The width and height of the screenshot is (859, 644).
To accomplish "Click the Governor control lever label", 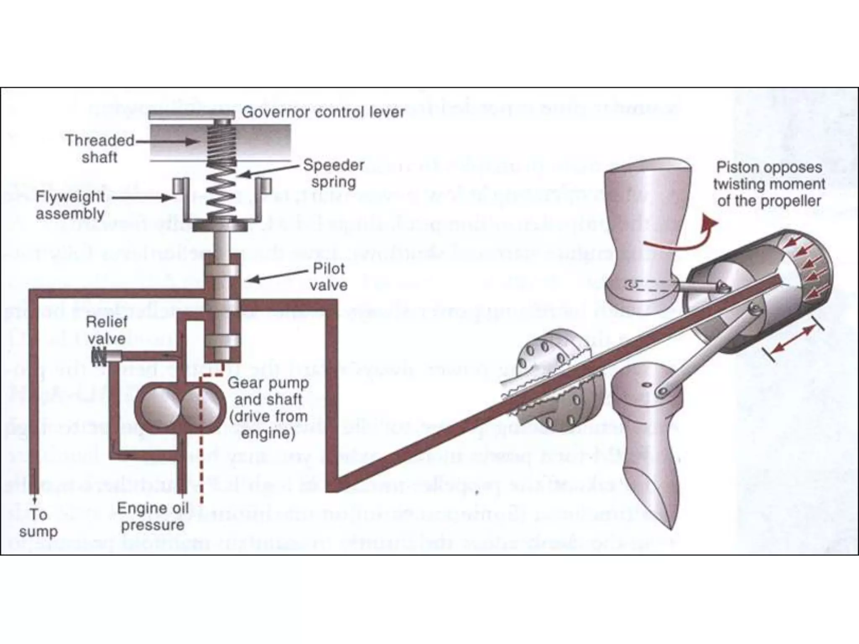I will click(x=323, y=112).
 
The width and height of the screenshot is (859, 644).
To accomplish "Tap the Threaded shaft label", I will click(x=99, y=148).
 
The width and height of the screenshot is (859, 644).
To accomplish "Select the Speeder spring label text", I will click(x=333, y=173).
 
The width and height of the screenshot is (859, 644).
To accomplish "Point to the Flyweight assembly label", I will click(x=70, y=205).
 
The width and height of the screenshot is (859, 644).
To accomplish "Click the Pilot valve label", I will click(x=329, y=277).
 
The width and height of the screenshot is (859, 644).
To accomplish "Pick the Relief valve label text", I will click(x=107, y=330).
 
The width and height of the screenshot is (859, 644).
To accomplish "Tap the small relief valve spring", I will click(x=99, y=358).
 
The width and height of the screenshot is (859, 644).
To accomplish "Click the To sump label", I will click(x=38, y=522).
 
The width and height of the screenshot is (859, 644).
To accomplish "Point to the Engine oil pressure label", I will click(x=153, y=516).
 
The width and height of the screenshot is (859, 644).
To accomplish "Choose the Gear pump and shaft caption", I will click(x=268, y=408).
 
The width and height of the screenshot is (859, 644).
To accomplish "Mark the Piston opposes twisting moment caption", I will click(x=769, y=184).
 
